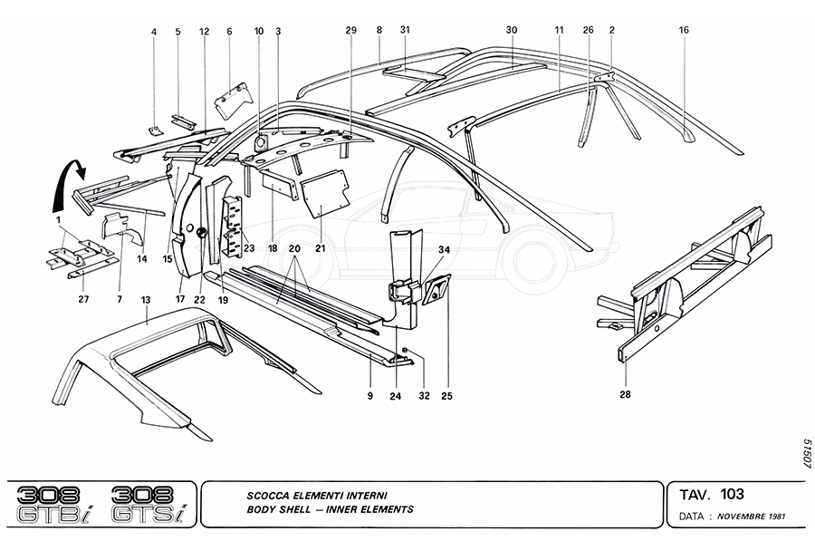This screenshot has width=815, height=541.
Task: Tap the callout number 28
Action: point(626,394)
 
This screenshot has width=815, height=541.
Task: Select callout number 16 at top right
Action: point(684,31)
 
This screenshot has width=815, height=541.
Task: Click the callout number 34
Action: point(444,249)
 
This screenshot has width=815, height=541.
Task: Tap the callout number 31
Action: point(406,31)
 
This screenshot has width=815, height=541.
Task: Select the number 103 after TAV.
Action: point(733,495)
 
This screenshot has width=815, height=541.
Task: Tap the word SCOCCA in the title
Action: point(271,496)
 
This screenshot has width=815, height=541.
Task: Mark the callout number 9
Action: point(370,395)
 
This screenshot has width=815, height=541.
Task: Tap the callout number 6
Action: point(229,31)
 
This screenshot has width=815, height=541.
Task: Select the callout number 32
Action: point(423,395)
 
